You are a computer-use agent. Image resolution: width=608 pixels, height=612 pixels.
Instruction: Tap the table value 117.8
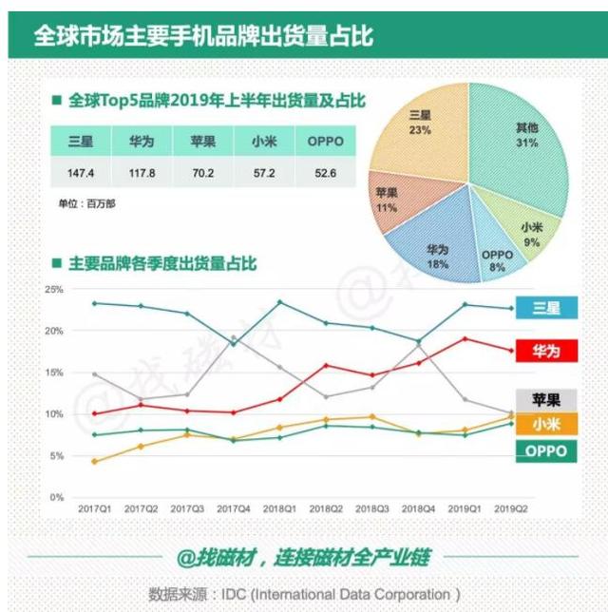pos(141,174)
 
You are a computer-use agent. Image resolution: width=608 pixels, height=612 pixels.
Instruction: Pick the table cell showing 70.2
pos(201,174)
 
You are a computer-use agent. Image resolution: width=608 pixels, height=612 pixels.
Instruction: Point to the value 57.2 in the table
pos(263,174)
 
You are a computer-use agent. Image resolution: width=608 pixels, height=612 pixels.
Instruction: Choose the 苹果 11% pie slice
pos(390,202)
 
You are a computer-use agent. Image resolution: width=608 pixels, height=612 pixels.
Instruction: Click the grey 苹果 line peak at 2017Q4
pos(235,336)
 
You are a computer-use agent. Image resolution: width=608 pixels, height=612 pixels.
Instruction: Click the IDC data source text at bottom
pos(304,594)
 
